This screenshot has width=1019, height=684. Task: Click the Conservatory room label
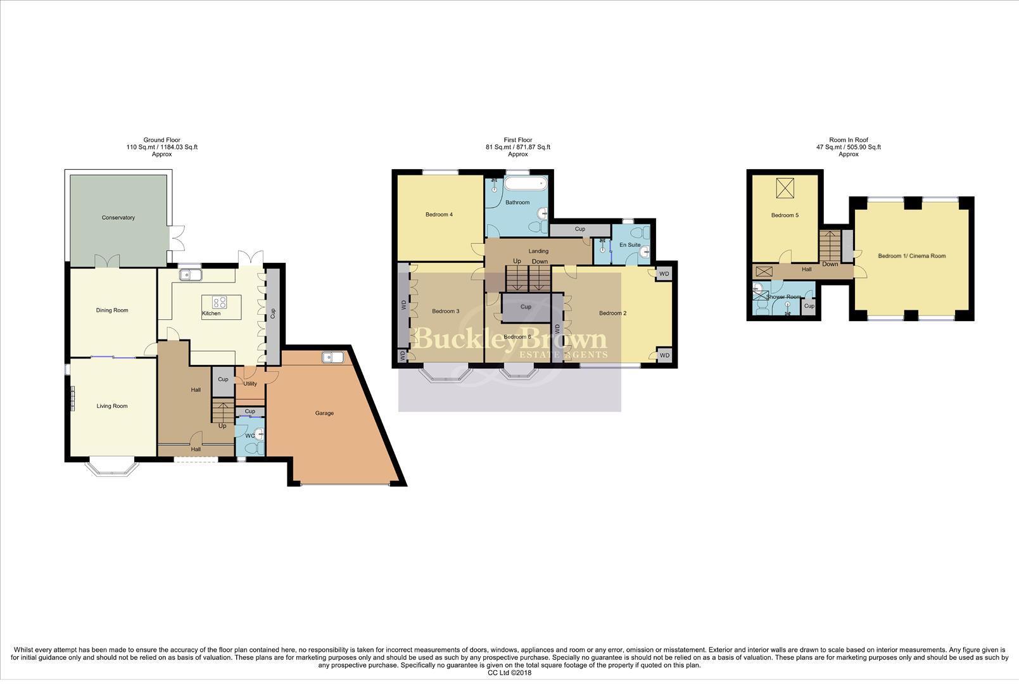[x=118, y=218]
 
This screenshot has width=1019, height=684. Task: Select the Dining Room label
[x=112, y=310]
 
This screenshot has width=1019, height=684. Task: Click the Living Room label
[x=112, y=407]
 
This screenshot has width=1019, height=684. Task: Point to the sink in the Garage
[x=332, y=358]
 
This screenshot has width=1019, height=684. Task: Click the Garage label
[x=324, y=414]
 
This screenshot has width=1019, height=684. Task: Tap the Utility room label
[x=250, y=384]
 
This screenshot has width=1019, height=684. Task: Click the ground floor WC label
[x=249, y=436]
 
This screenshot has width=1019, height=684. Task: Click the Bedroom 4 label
[x=439, y=215]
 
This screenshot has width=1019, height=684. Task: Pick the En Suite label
[x=630, y=245]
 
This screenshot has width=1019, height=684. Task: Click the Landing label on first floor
[x=538, y=251]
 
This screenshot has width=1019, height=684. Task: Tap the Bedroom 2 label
[x=612, y=313]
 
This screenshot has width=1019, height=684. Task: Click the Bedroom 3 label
[x=445, y=312]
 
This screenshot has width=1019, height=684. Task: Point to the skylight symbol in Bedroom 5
[x=785, y=188]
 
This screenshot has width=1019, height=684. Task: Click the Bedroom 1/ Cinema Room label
[x=911, y=256]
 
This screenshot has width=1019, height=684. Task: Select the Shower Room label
[x=784, y=297]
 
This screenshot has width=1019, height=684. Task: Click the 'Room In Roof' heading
[x=848, y=140]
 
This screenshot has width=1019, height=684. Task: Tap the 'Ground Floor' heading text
[x=161, y=140]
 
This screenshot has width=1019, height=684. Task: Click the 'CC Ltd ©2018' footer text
[x=509, y=673]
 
